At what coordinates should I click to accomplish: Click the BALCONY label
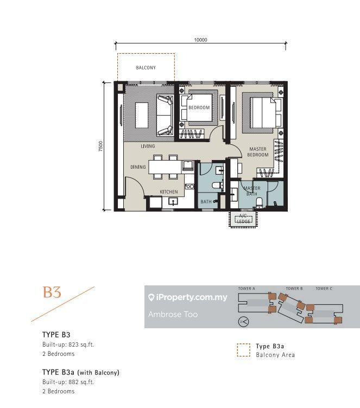click(146, 68)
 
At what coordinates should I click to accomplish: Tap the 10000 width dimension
click(200, 40)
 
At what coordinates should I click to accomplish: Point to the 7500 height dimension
click(101, 146)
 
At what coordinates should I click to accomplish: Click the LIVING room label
click(148, 146)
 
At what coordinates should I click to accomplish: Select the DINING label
click(138, 167)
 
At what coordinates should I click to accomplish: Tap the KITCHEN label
click(169, 192)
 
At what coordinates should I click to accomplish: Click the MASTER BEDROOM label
click(257, 152)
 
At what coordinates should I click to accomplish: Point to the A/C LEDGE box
click(244, 219)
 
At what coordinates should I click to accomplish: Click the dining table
click(165, 167)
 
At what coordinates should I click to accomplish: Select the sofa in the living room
click(165, 115)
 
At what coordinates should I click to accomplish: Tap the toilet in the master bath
click(259, 202)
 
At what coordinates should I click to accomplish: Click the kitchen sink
click(173, 202)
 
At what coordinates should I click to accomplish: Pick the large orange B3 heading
click(52, 292)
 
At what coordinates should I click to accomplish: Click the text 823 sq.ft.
click(81, 345)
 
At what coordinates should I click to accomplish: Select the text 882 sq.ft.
click(81, 382)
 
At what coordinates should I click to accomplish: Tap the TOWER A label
click(247, 288)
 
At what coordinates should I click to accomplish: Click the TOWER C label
click(324, 288)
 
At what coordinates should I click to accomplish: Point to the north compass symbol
click(244, 322)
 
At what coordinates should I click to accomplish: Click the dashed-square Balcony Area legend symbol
click(244, 350)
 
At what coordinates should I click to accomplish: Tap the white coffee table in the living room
click(142, 115)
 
